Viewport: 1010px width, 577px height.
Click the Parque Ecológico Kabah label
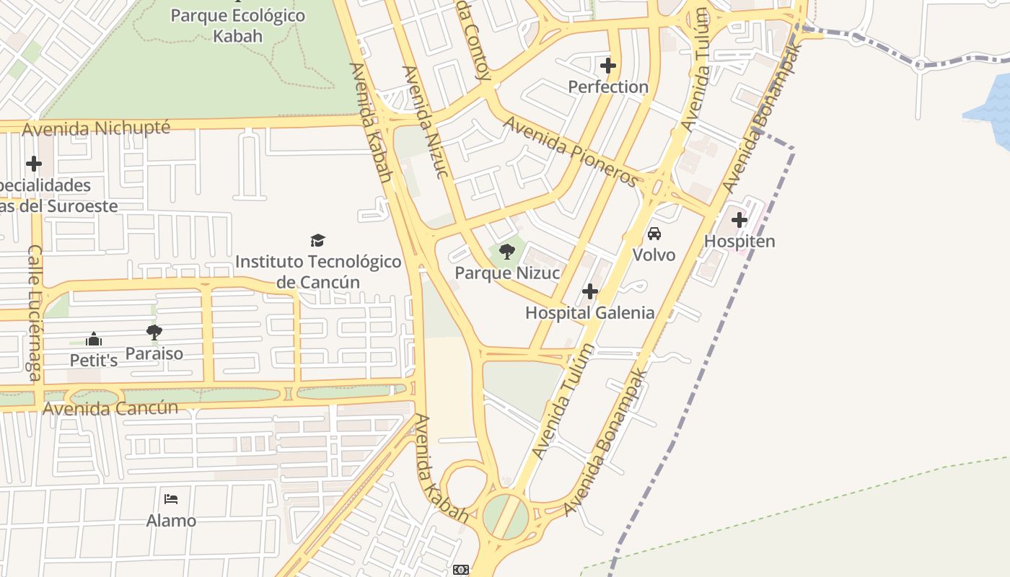[x=237, y=25]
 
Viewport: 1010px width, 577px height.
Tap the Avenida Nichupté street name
[x=97, y=129]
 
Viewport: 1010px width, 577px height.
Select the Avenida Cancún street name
[x=110, y=408]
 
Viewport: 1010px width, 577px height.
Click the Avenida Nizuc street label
[x=426, y=121]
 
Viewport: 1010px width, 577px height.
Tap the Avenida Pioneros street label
[x=571, y=151]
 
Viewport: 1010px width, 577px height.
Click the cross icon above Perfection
[x=608, y=66]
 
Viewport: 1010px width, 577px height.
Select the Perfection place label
[x=608, y=87]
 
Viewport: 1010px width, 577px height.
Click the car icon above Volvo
[x=654, y=234]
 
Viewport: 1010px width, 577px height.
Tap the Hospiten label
[x=739, y=242]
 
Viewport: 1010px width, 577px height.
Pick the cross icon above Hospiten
[x=739, y=220]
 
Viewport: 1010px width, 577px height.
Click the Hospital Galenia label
[x=590, y=313]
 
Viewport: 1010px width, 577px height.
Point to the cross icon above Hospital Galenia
[x=590, y=291]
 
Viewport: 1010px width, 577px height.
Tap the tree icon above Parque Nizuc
[x=507, y=252]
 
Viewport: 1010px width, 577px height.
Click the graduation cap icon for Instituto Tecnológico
[x=317, y=240]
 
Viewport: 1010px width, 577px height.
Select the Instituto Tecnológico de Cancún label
[x=318, y=271]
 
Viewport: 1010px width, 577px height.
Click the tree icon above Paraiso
[x=154, y=332]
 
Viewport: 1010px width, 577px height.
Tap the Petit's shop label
[x=94, y=360]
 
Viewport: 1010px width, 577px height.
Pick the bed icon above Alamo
[x=171, y=499]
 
